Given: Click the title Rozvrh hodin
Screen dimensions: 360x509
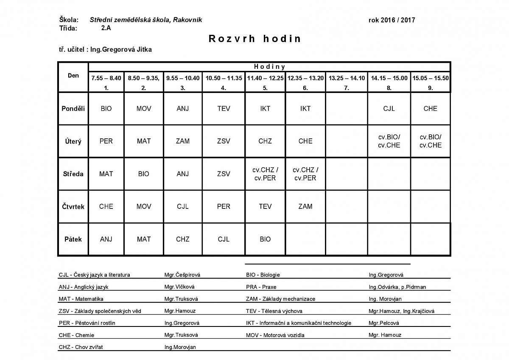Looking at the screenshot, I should click(255, 39).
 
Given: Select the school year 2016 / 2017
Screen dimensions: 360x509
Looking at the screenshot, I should click(392, 20).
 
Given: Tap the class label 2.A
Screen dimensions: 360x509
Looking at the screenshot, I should click(106, 28).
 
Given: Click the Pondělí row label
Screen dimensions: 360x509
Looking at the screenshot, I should click(73, 109).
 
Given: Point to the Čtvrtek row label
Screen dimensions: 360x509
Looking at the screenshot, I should click(73, 207).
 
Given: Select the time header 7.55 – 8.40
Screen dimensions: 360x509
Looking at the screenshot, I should click(106, 78).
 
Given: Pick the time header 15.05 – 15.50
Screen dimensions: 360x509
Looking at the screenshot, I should click(431, 78).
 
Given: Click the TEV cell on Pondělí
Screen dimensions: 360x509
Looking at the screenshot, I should click(224, 109).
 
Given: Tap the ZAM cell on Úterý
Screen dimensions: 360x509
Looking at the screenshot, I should click(183, 141).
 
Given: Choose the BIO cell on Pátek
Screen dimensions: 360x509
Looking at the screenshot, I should click(265, 239).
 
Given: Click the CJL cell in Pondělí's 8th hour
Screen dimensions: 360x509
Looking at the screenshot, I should click(389, 109).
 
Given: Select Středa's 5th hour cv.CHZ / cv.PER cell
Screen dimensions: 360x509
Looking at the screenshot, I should click(265, 174).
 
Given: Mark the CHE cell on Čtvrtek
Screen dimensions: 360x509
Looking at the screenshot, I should click(106, 207).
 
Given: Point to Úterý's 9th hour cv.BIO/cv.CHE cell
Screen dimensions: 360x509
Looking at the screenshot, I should click(431, 141).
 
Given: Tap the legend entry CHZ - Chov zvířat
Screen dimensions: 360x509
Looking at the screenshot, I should click(81, 347).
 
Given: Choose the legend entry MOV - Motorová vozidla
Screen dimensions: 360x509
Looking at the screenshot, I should click(275, 335).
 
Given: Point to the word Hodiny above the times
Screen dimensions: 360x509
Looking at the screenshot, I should click(269, 67).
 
